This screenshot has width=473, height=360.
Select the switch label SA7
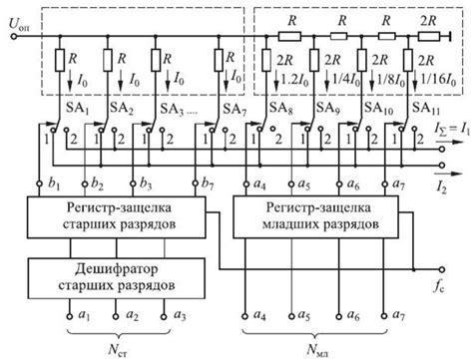[236, 107]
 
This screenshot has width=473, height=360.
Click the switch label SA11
[425, 107]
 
